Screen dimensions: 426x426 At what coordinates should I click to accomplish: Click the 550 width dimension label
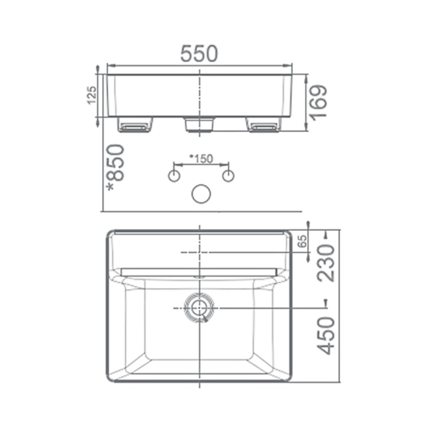(199, 54)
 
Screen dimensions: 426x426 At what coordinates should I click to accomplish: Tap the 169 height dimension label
(318, 102)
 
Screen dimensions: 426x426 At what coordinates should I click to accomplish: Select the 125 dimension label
(92, 95)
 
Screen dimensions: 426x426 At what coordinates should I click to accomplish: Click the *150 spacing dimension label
(201, 158)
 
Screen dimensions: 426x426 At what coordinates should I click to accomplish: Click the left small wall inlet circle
(174, 176)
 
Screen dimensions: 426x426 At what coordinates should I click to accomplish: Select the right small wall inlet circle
(229, 176)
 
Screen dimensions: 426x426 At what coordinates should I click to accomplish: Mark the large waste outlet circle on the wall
(201, 193)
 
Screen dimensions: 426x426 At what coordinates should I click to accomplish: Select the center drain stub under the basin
(199, 124)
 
